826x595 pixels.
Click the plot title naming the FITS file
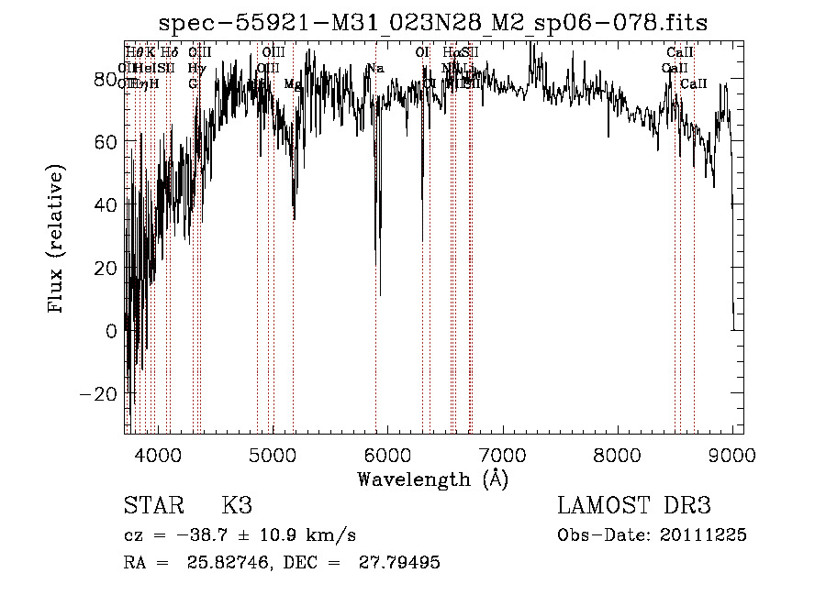point(433,23)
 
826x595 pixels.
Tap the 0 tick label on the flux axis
point(112,331)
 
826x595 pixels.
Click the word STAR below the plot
point(153,505)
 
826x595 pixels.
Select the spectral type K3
point(237,505)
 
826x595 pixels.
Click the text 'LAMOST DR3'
point(633,505)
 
